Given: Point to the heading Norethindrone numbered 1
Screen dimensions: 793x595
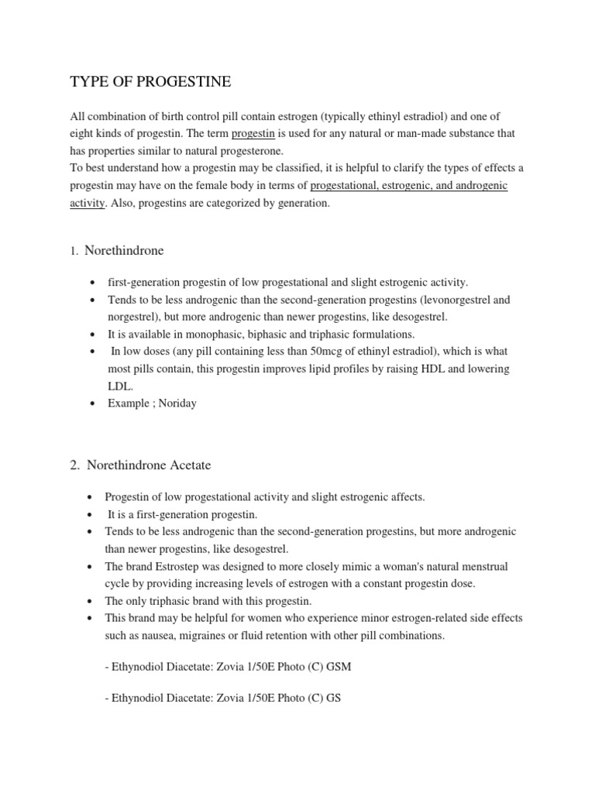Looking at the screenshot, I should coord(124,251).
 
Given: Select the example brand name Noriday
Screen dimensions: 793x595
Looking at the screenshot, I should coord(177,403).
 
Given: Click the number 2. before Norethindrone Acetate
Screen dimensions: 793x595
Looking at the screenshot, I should coord(74,465).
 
